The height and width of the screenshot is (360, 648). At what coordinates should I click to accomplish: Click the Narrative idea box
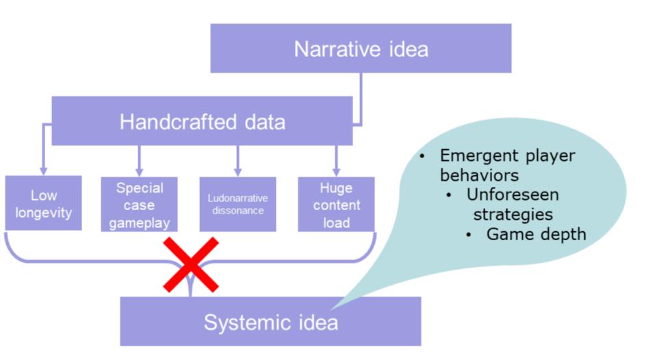point(361,49)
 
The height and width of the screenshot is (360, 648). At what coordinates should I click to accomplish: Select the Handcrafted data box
point(202,121)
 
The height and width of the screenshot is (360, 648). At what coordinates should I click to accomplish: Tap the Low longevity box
point(43,204)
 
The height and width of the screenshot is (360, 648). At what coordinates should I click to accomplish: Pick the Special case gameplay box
point(139,205)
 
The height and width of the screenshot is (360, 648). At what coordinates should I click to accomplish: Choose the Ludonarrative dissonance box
point(237,205)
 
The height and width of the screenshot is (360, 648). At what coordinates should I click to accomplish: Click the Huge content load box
point(336,205)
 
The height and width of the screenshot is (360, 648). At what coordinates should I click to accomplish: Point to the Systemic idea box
point(270,322)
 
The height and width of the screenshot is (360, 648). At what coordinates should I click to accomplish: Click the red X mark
point(190,265)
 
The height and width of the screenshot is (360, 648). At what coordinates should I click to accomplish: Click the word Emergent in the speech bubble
point(471,156)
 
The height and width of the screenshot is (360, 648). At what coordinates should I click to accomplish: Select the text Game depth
point(536,234)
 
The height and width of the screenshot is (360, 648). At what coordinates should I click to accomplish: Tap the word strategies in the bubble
point(513,214)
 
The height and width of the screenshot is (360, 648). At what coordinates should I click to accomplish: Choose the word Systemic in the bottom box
point(239,322)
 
